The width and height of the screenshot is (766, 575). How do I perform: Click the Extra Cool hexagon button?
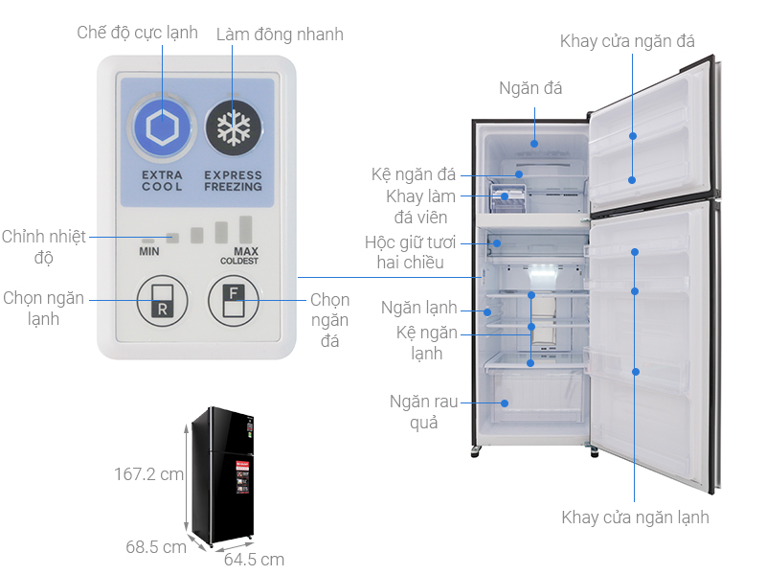tap(161, 127)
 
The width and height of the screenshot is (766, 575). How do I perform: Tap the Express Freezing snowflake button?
tap(233, 127)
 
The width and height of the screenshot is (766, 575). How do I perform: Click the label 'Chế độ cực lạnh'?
tap(137, 33)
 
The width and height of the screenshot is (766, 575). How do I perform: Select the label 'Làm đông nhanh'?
tap(280, 34)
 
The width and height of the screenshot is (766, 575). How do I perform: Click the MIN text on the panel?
tap(148, 251)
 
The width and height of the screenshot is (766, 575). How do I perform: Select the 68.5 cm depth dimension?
tap(155, 547)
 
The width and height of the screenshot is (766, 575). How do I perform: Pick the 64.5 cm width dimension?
tap(254, 560)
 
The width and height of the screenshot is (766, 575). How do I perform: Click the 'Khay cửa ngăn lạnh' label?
tap(635, 517)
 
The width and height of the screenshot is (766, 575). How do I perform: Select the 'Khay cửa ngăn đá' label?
tap(627, 40)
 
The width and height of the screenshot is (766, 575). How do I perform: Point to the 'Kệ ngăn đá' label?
tap(414, 174)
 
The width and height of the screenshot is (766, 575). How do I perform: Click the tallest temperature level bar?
tap(246, 231)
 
